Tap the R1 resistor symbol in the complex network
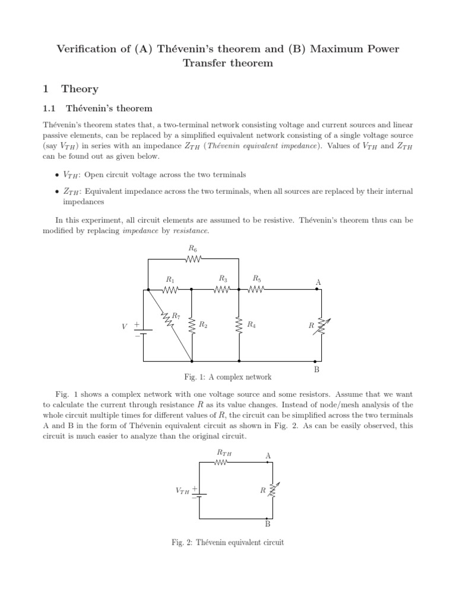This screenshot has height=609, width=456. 170,290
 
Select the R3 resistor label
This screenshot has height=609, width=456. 223,278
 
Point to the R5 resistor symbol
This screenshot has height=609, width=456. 256,290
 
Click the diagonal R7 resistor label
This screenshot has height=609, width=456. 176,316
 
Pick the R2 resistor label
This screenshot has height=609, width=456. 202,325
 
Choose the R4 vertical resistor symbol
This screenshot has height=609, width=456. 239,325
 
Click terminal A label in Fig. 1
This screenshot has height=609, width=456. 318,281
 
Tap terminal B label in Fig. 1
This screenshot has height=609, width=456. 317,370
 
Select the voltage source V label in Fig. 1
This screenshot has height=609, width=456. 124,326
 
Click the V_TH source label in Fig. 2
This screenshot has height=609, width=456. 182,491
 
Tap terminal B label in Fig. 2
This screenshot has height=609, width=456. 268,524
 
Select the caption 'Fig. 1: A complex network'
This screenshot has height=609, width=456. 229,377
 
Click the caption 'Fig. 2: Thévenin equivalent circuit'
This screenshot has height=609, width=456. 228,542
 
